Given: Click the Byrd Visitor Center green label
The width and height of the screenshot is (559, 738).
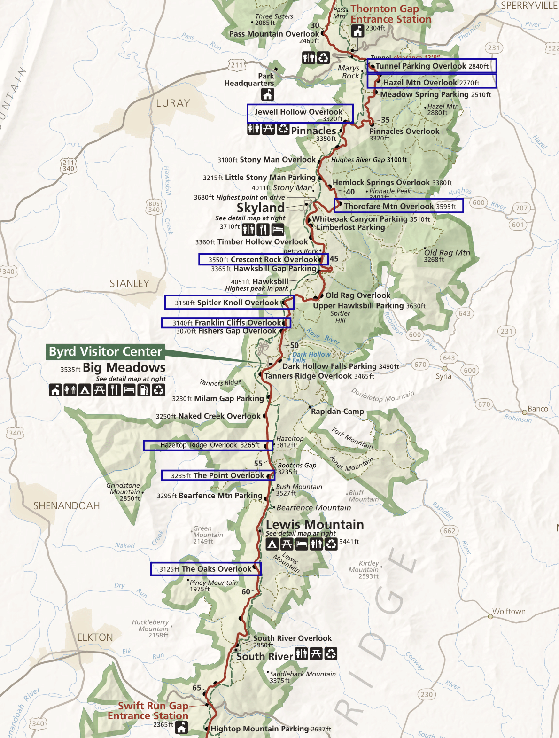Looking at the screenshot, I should [105, 352].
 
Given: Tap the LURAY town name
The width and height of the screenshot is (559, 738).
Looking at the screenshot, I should [173, 103].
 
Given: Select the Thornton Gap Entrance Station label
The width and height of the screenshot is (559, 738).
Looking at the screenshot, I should [390, 14].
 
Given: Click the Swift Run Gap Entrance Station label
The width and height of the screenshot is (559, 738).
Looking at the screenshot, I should [148, 711].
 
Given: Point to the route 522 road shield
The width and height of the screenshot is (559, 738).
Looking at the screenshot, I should [552, 48].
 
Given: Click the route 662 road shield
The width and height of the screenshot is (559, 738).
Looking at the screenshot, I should [449, 531].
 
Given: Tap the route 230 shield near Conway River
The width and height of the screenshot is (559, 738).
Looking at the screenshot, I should [427, 694].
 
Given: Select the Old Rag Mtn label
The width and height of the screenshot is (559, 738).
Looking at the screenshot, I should [447, 253].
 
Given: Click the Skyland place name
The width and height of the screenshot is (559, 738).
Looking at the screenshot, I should [261, 208].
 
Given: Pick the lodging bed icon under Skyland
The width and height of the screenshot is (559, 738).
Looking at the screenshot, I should [278, 230].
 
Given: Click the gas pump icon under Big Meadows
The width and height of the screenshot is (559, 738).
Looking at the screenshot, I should [144, 390].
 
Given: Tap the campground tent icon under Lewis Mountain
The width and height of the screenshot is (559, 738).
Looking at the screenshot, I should [272, 544].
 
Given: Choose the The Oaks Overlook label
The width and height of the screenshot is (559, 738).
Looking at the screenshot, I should [206, 569].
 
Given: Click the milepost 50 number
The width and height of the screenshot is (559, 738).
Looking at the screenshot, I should [294, 345].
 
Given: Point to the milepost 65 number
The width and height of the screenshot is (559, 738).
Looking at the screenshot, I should [197, 688].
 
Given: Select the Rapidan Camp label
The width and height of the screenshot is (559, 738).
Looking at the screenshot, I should [337, 412].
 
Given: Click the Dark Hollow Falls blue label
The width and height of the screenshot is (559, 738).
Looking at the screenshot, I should [311, 357].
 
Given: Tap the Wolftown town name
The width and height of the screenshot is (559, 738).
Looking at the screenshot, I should [509, 611].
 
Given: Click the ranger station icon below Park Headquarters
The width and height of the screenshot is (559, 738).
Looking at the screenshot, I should [268, 94].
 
